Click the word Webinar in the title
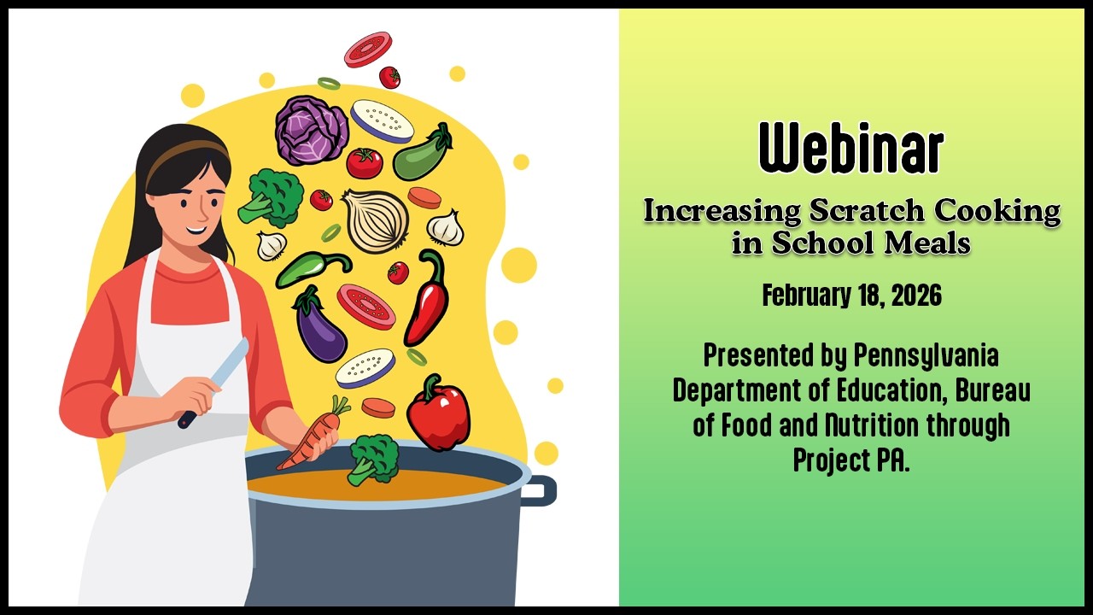851,149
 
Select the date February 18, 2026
851,296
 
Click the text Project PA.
851,460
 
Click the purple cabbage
311,130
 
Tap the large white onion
376,220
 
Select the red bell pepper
438,413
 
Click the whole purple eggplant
319,326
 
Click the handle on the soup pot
540,490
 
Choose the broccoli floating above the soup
373,458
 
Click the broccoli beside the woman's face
272,197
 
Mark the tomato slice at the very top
368,50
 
